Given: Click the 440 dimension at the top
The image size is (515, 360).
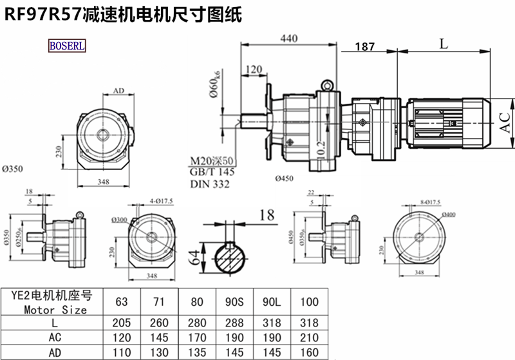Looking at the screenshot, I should (x=289, y=39).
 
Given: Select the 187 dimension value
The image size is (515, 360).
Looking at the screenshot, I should (x=365, y=47).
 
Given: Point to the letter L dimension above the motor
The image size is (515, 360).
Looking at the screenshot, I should (x=444, y=43).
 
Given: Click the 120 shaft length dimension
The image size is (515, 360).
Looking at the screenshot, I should (x=254, y=69).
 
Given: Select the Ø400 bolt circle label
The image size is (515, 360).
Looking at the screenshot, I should (x=447, y=214).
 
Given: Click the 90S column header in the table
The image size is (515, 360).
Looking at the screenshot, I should (x=223, y=300).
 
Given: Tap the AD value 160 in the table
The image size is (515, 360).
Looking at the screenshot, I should (x=310, y=352).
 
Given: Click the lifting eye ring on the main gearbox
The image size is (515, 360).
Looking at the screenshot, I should (x=328, y=84).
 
